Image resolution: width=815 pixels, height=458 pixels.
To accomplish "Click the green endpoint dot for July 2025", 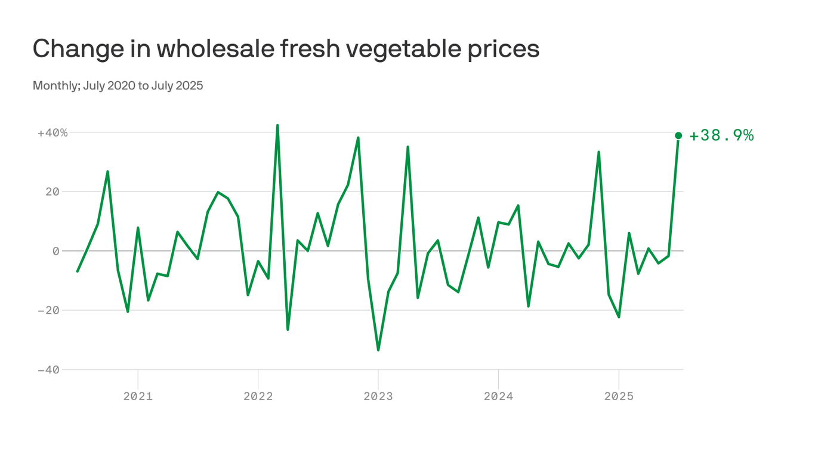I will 678,135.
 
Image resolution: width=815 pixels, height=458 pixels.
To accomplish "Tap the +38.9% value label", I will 721,136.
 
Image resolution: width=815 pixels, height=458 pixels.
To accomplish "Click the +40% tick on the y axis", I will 53,132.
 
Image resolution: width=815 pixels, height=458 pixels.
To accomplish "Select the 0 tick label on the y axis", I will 56,251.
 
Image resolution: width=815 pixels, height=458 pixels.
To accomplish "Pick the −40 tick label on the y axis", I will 50,370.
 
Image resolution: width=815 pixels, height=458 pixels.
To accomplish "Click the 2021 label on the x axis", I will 138,397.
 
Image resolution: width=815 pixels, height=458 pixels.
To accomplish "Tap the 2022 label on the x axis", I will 258,397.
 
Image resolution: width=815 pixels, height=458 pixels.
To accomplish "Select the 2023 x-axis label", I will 378,397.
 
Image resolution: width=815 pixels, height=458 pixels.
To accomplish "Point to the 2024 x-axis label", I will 498,397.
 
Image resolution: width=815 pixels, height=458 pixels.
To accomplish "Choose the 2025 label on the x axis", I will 619,397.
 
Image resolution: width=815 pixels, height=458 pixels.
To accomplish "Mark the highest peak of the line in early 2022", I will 277,125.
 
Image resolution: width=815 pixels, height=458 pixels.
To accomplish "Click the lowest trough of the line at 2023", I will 378,350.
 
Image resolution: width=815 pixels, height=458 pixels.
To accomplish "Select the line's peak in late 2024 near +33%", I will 598,152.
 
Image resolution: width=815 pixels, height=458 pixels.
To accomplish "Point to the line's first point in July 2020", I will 78,271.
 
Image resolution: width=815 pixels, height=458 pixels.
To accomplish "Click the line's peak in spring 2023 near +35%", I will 407,147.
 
